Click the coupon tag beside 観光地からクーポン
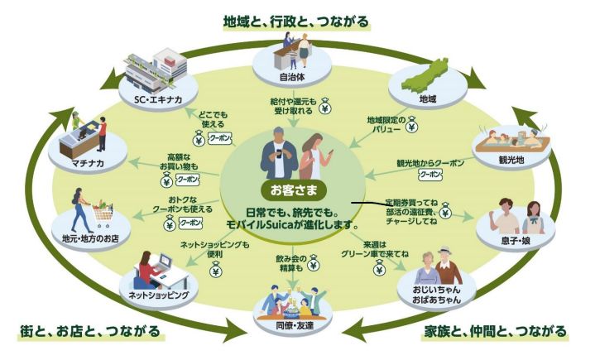(x=430, y=175)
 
